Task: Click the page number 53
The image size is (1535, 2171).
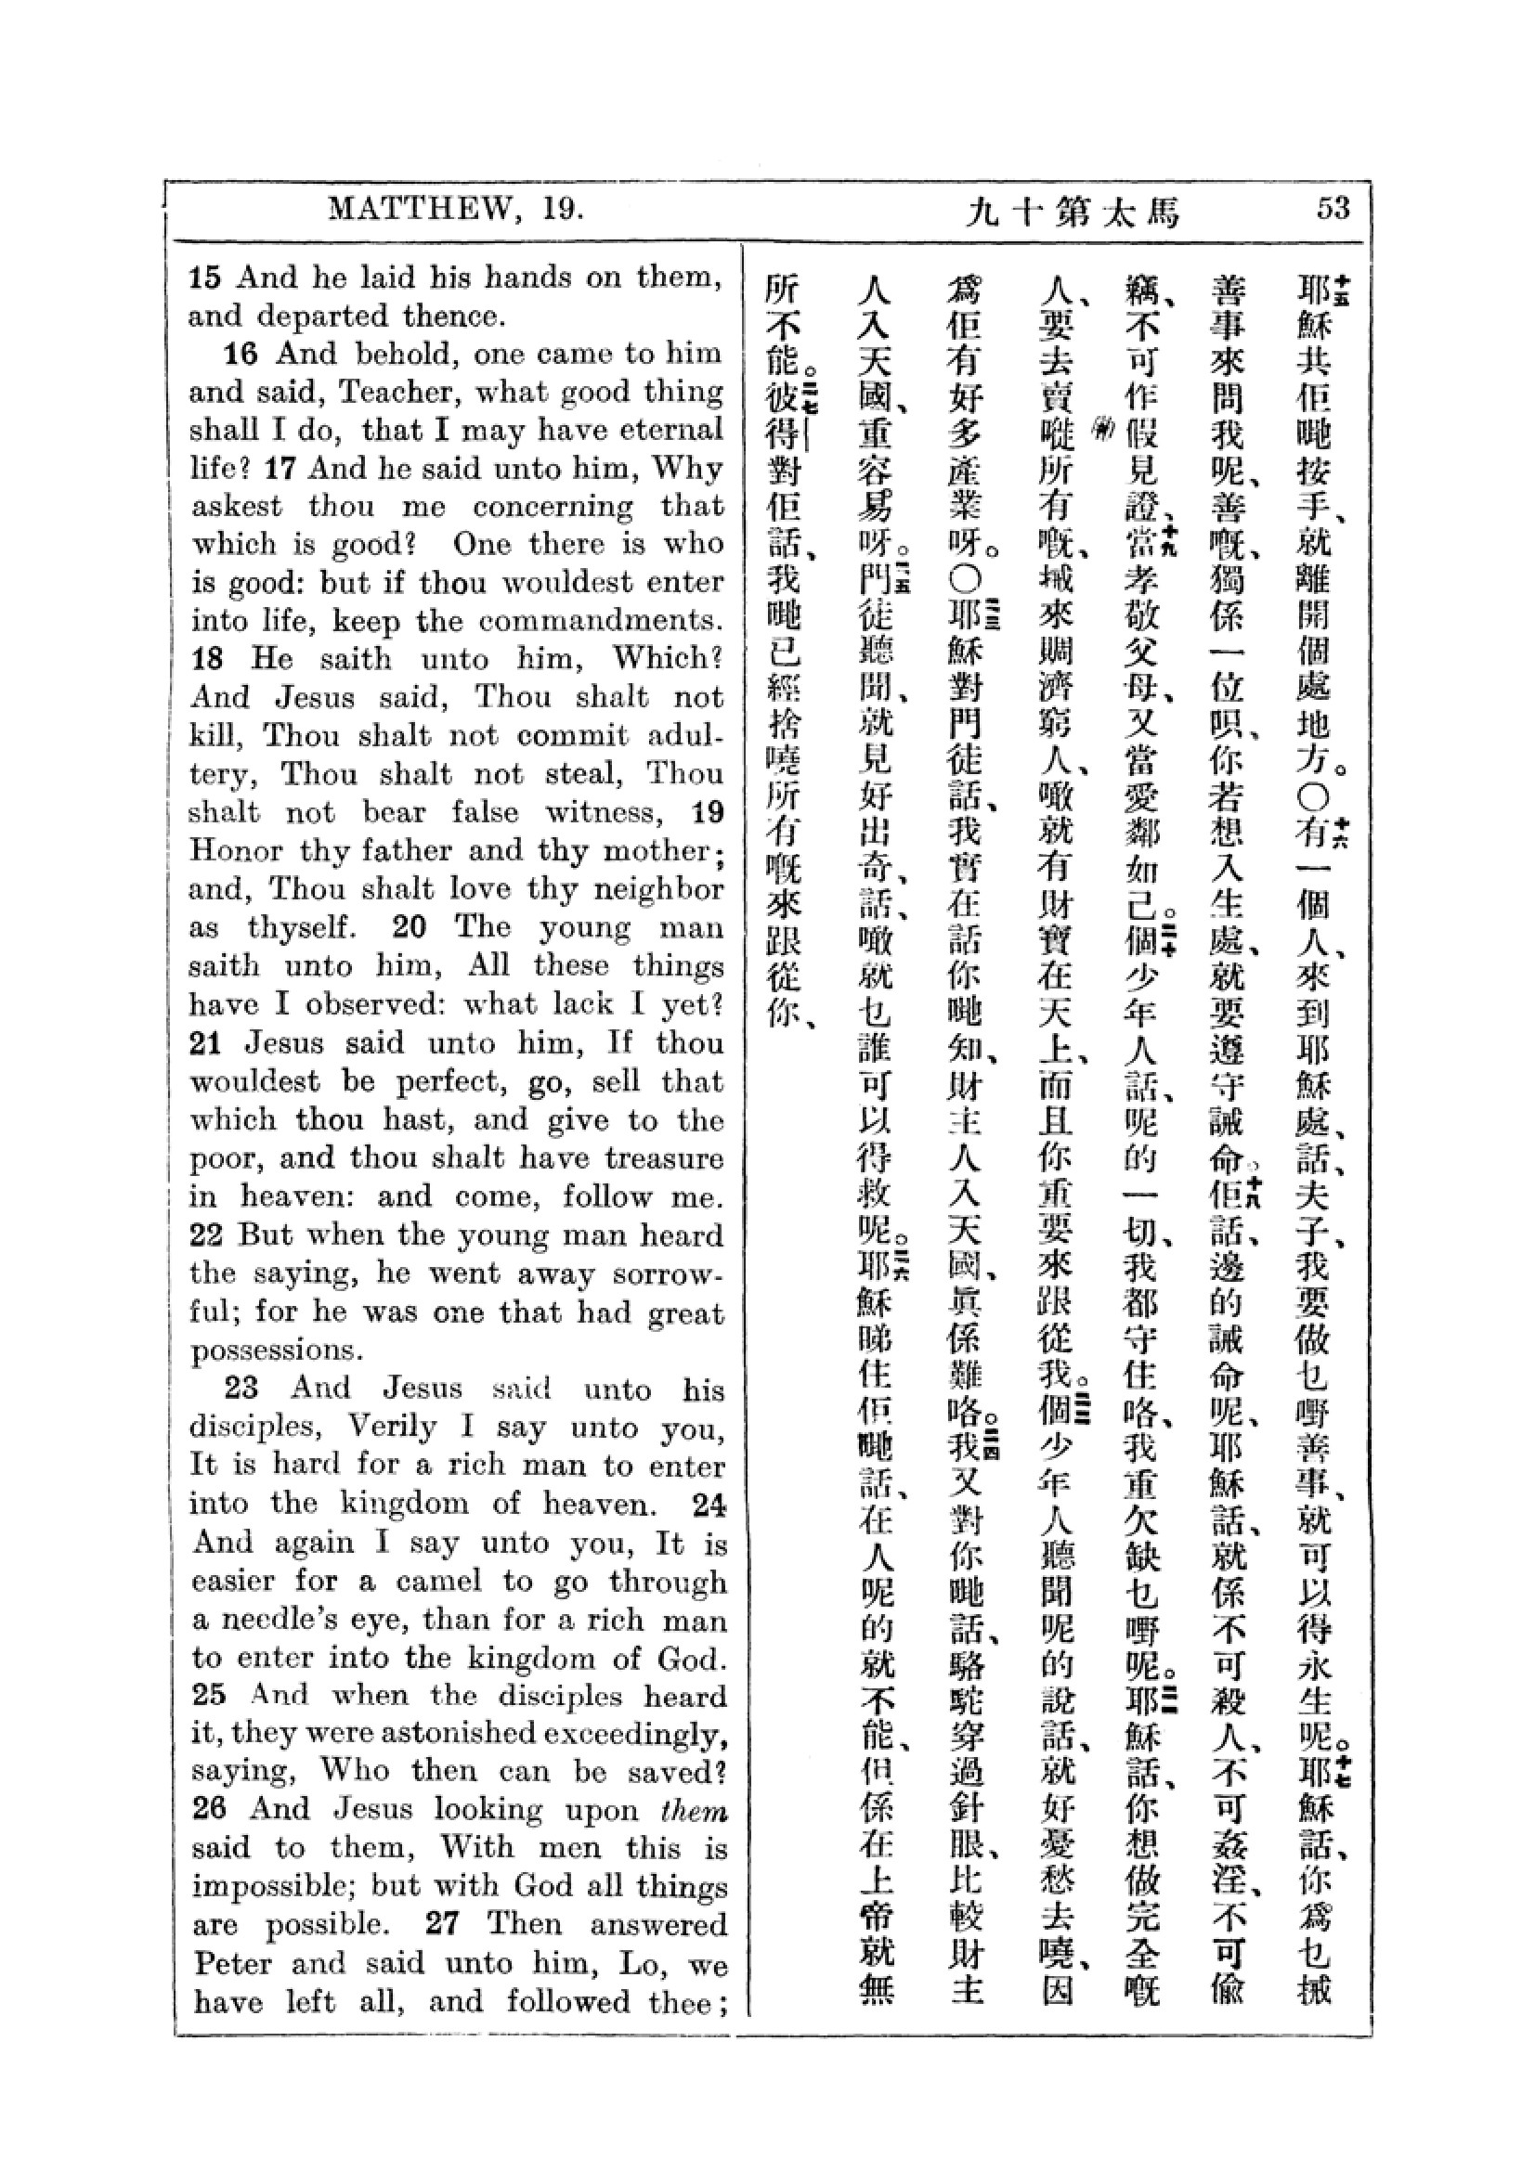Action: [x=1333, y=209]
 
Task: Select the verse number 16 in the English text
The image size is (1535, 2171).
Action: [x=241, y=355]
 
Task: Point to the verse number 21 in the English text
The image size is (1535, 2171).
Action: [x=205, y=1044]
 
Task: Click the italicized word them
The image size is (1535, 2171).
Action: [x=696, y=1810]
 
